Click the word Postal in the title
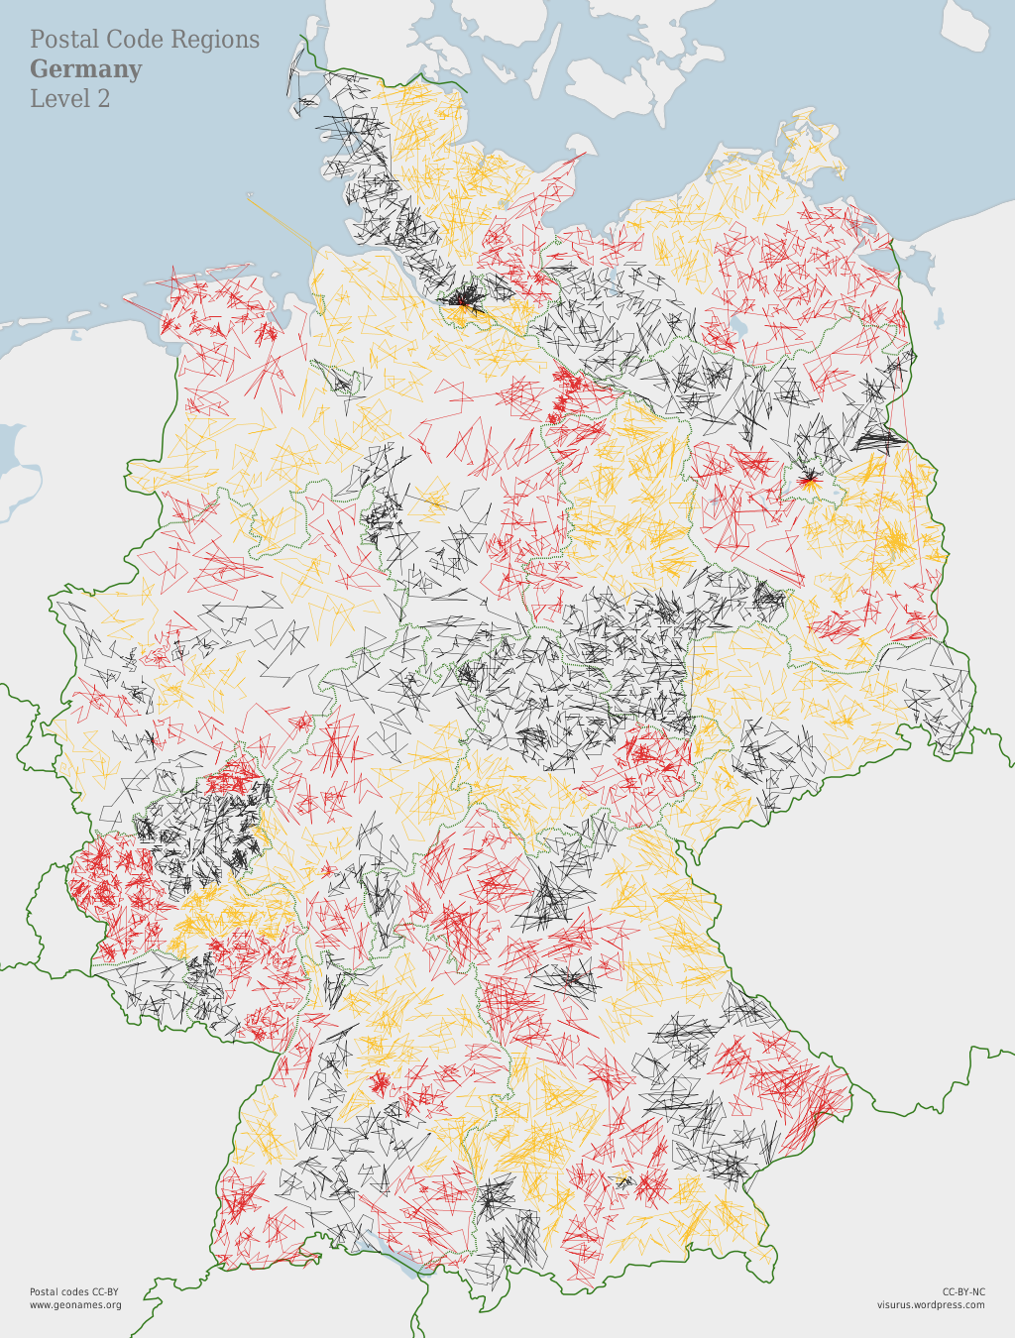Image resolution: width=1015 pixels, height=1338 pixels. [x=64, y=40]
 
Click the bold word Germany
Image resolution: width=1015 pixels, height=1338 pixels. [x=85, y=69]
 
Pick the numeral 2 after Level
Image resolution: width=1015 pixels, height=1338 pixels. [x=103, y=99]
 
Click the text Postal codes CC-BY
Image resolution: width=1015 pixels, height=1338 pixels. [x=73, y=1291]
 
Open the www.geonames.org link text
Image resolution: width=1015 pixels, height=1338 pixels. [x=75, y=1305]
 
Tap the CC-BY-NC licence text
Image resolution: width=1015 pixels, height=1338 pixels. [x=963, y=1291]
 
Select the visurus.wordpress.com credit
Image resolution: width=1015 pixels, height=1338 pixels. [x=931, y=1305]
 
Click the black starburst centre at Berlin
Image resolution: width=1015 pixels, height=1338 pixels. [x=809, y=481]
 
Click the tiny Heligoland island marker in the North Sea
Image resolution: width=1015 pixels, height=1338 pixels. [x=251, y=195]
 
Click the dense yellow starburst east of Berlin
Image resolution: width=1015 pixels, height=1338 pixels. [x=895, y=541]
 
